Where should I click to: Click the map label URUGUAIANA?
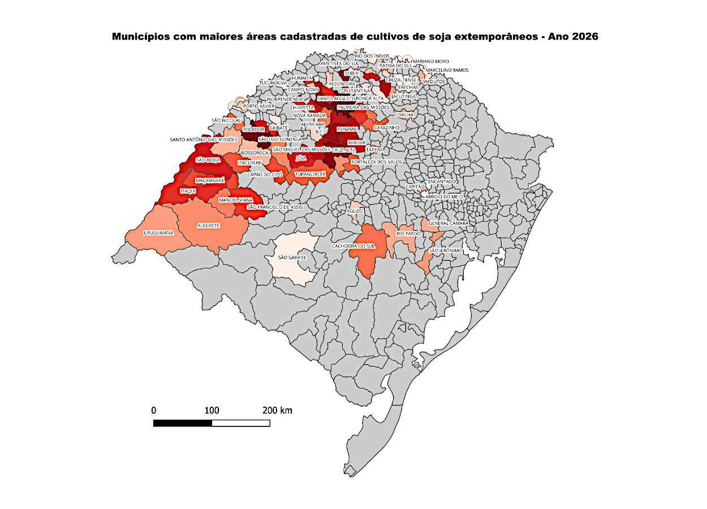(159, 232)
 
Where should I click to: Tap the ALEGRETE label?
(208, 226)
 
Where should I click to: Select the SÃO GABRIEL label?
(292, 257)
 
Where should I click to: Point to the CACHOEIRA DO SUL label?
(353, 246)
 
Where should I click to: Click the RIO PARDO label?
(408, 233)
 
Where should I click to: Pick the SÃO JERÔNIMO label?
(446, 251)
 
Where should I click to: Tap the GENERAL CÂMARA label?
(448, 223)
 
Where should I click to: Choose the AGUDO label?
(355, 211)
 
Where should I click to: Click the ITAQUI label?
(187, 191)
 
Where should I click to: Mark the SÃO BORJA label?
(208, 160)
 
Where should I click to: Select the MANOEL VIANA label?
(236, 200)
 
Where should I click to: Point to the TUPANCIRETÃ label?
(311, 175)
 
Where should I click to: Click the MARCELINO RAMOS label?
(447, 70)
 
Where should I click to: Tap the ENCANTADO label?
(442, 182)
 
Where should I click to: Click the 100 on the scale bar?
(212, 411)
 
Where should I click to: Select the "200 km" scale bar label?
(277, 411)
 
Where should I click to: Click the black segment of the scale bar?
(183, 423)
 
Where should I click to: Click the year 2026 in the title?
(584, 37)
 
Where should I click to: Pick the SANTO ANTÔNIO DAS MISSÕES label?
(204, 139)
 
